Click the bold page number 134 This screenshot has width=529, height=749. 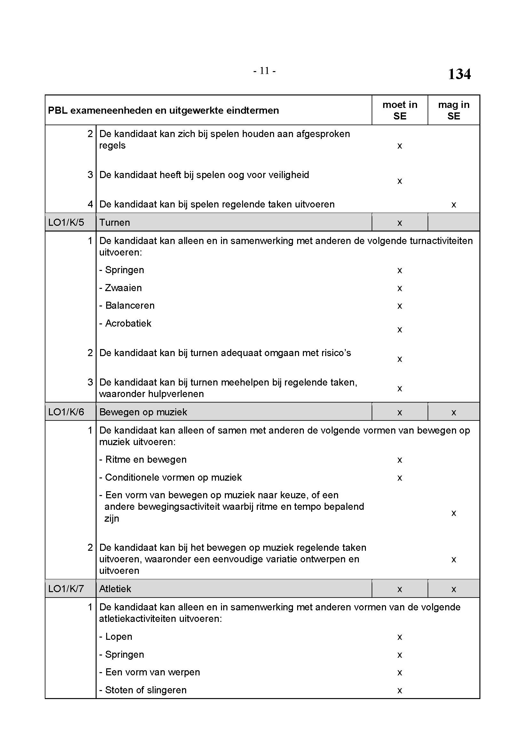pyautogui.click(x=459, y=74)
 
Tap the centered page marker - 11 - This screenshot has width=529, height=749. pyautogui.click(x=264, y=71)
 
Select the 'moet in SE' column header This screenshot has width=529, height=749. pyautogui.click(x=400, y=110)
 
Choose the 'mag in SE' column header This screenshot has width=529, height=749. pyautogui.click(x=454, y=110)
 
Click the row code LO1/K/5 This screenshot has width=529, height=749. pyautogui.click(x=66, y=223)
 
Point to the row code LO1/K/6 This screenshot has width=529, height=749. pyautogui.click(x=66, y=412)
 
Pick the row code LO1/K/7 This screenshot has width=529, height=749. pyautogui.click(x=66, y=589)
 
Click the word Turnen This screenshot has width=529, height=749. pyautogui.click(x=115, y=223)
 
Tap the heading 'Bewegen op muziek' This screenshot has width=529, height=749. pyautogui.click(x=143, y=412)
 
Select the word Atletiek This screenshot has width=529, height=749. pyautogui.click(x=115, y=589)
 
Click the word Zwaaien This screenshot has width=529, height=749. pyautogui.click(x=123, y=288)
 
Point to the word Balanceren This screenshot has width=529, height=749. pyautogui.click(x=130, y=306)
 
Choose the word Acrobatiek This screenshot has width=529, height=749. pyautogui.click(x=128, y=323)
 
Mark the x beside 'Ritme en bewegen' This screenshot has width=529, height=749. pyautogui.click(x=400, y=460)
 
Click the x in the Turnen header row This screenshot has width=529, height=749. pyautogui.click(x=400, y=223)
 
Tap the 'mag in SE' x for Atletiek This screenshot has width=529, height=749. pyautogui.click(x=454, y=589)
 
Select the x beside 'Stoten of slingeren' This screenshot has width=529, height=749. pyautogui.click(x=400, y=690)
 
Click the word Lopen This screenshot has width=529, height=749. pyautogui.click(x=119, y=637)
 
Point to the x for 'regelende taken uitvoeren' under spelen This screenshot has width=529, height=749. pyautogui.click(x=454, y=205)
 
